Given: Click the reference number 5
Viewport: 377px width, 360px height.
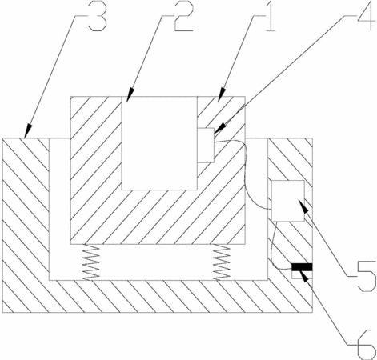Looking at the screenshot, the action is pos(367,278).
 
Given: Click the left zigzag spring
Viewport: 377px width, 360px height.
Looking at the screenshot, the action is pos(91,262).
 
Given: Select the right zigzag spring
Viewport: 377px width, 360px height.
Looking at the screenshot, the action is pos(222,262).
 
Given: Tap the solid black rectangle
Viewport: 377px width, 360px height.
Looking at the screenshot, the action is pos(302,267).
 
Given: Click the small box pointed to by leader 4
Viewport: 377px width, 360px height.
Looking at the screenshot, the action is pos(206,145).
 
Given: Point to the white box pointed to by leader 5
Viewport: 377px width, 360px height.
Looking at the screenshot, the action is pos(288,201).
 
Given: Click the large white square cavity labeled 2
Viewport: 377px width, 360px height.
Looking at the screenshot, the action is pos(159,143).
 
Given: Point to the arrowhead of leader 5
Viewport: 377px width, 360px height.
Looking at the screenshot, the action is pos(303,205).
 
